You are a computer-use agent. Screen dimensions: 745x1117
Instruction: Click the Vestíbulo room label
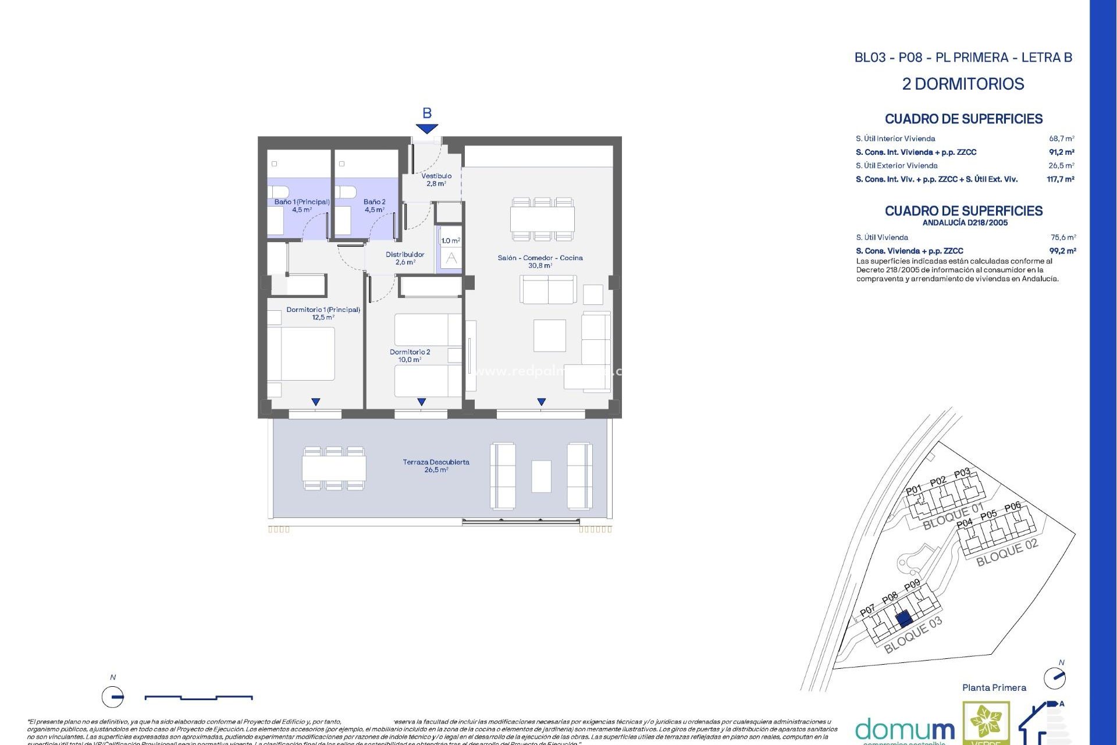pos(436,179)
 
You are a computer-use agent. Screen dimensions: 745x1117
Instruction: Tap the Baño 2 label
pos(374,205)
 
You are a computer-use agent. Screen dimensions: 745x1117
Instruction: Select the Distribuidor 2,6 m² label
pos(405,258)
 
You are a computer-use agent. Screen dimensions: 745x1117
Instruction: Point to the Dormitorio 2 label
pos(410,356)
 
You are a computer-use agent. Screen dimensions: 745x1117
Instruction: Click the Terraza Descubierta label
pos(436,466)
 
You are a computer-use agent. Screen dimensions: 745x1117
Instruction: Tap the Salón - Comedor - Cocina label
pos(540,261)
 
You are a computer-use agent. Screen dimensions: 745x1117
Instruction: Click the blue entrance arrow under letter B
pos(426,129)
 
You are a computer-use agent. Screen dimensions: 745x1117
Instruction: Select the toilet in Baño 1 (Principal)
pos(278,191)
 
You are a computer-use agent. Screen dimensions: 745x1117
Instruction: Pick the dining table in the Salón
pos(542,219)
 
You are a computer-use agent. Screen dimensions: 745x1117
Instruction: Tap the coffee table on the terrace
pos(541,476)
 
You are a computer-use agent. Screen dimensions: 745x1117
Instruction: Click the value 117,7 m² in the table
pos(1060,179)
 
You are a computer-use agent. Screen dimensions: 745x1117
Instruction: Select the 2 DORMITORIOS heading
pos(963,84)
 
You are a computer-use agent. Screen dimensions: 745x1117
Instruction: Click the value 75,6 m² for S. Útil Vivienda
pos(1063,237)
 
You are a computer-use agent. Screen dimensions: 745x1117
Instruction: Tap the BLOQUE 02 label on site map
pos(1006,552)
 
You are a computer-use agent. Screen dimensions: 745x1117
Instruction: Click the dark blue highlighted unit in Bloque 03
pos(903,619)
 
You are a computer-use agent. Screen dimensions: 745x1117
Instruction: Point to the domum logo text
pos(905,729)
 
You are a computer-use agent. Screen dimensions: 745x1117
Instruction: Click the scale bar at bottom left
pos(198,697)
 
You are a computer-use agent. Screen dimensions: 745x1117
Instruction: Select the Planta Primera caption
pos(994,688)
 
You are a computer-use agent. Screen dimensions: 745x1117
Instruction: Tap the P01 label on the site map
pos(913,489)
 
